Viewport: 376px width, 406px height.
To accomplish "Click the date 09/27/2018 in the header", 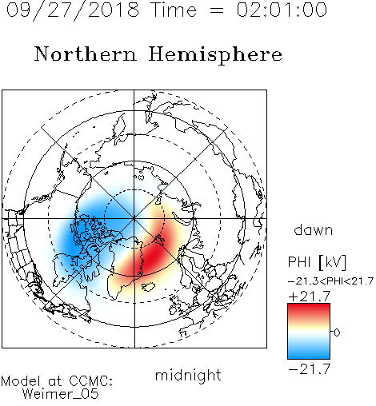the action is coord(73,10).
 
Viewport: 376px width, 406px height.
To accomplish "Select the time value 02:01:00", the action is coord(282,10).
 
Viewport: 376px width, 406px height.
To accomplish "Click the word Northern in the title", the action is coord(86,54).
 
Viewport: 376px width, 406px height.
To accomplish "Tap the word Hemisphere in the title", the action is coord(215,55).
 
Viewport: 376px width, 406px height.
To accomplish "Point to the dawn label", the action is coord(314,229).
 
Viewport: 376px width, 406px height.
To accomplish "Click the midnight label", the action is coord(188,376).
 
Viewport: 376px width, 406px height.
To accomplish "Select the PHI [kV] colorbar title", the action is coord(317,262).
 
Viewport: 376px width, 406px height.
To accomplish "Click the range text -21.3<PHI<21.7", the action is coord(330,281).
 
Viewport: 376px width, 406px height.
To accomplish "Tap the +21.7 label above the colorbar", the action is coord(310,297).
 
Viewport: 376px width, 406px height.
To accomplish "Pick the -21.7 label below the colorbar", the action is coord(310,369).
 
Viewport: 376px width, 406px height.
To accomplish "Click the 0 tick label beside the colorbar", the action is coord(337,332).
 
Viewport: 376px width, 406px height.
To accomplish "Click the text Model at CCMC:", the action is coord(57,381).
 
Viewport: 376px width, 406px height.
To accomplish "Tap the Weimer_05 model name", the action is coord(61,394).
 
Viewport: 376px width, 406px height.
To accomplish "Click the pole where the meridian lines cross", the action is coord(134,219).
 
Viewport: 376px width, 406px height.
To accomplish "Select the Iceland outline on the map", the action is coord(148,286).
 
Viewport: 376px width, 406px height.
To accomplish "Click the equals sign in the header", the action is coord(216,10).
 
